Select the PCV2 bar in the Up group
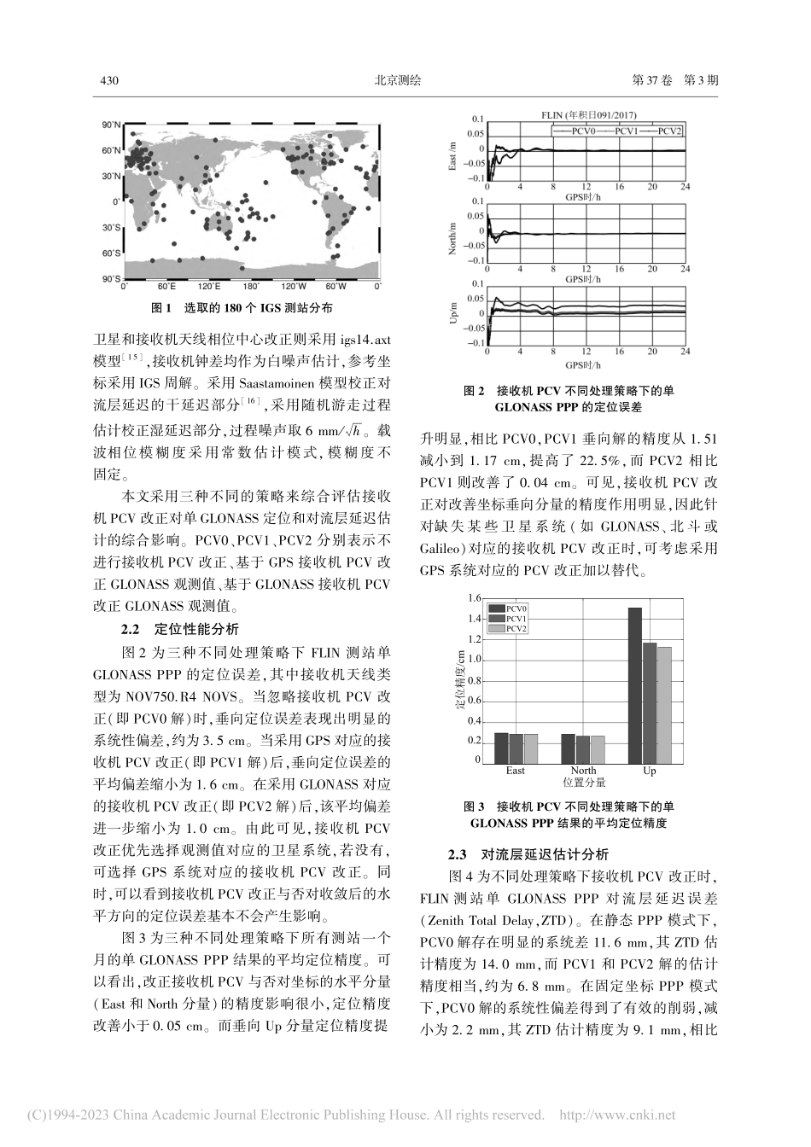click(665, 705)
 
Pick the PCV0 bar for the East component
click(501, 748)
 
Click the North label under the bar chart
click(583, 771)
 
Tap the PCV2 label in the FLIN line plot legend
click(670, 131)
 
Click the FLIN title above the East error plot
click(588, 115)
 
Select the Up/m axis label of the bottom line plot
click(454, 313)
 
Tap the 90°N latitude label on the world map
click(112, 125)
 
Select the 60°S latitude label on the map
click(112, 253)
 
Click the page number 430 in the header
click(108, 81)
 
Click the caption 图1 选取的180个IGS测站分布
click(242, 307)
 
